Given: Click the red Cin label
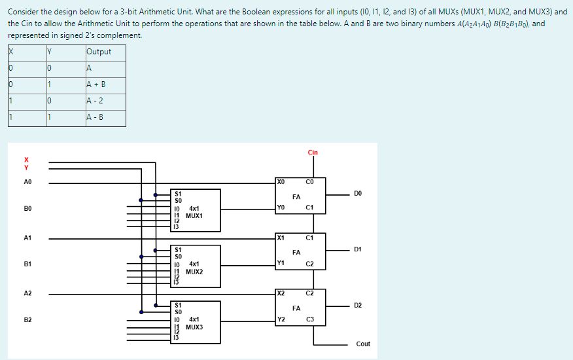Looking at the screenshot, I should [313, 153].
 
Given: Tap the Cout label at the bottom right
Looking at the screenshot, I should [363, 344].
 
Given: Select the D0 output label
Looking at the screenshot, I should [357, 193].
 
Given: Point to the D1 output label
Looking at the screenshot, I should [357, 249].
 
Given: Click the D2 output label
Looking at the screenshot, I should [357, 305].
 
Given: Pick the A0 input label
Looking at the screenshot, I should [27, 182].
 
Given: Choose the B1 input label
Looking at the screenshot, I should [27, 264].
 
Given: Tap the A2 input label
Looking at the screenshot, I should [27, 294].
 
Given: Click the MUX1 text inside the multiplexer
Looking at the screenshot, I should [194, 215].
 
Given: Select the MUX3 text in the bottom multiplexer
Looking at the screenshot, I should [194, 326].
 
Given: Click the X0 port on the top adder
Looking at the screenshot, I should [281, 181].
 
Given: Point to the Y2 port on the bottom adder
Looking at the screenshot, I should [281, 319].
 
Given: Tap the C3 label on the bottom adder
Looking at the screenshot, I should [310, 319].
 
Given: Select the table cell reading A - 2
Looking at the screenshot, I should [95, 101].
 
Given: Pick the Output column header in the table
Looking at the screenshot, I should [99, 52].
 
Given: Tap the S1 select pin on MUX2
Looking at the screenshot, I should [178, 249].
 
